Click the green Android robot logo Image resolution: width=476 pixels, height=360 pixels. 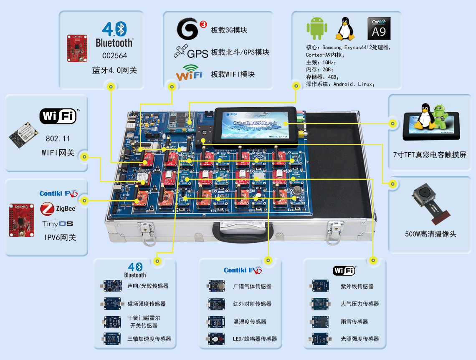tap(317, 28)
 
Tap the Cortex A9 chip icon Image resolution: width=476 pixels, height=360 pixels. tap(379, 28)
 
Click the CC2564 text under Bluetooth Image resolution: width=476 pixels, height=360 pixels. tap(114, 55)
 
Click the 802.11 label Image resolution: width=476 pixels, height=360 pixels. tap(58, 138)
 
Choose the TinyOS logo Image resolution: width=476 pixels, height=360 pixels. tap(58, 224)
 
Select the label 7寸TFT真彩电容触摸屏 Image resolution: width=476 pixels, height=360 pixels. tap(430, 155)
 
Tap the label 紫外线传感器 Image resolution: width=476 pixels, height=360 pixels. tap(357, 286)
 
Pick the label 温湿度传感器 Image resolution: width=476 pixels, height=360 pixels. tap(250, 322)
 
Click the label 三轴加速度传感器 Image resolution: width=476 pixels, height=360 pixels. tap(149, 339)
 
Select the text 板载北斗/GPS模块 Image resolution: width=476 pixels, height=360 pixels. tap(240, 52)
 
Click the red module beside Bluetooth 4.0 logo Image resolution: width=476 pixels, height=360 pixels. tap(77, 48)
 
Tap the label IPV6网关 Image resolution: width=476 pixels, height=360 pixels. tap(60, 238)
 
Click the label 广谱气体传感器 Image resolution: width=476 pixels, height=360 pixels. tap(252, 286)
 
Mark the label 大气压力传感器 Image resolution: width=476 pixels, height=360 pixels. tap(360, 304)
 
